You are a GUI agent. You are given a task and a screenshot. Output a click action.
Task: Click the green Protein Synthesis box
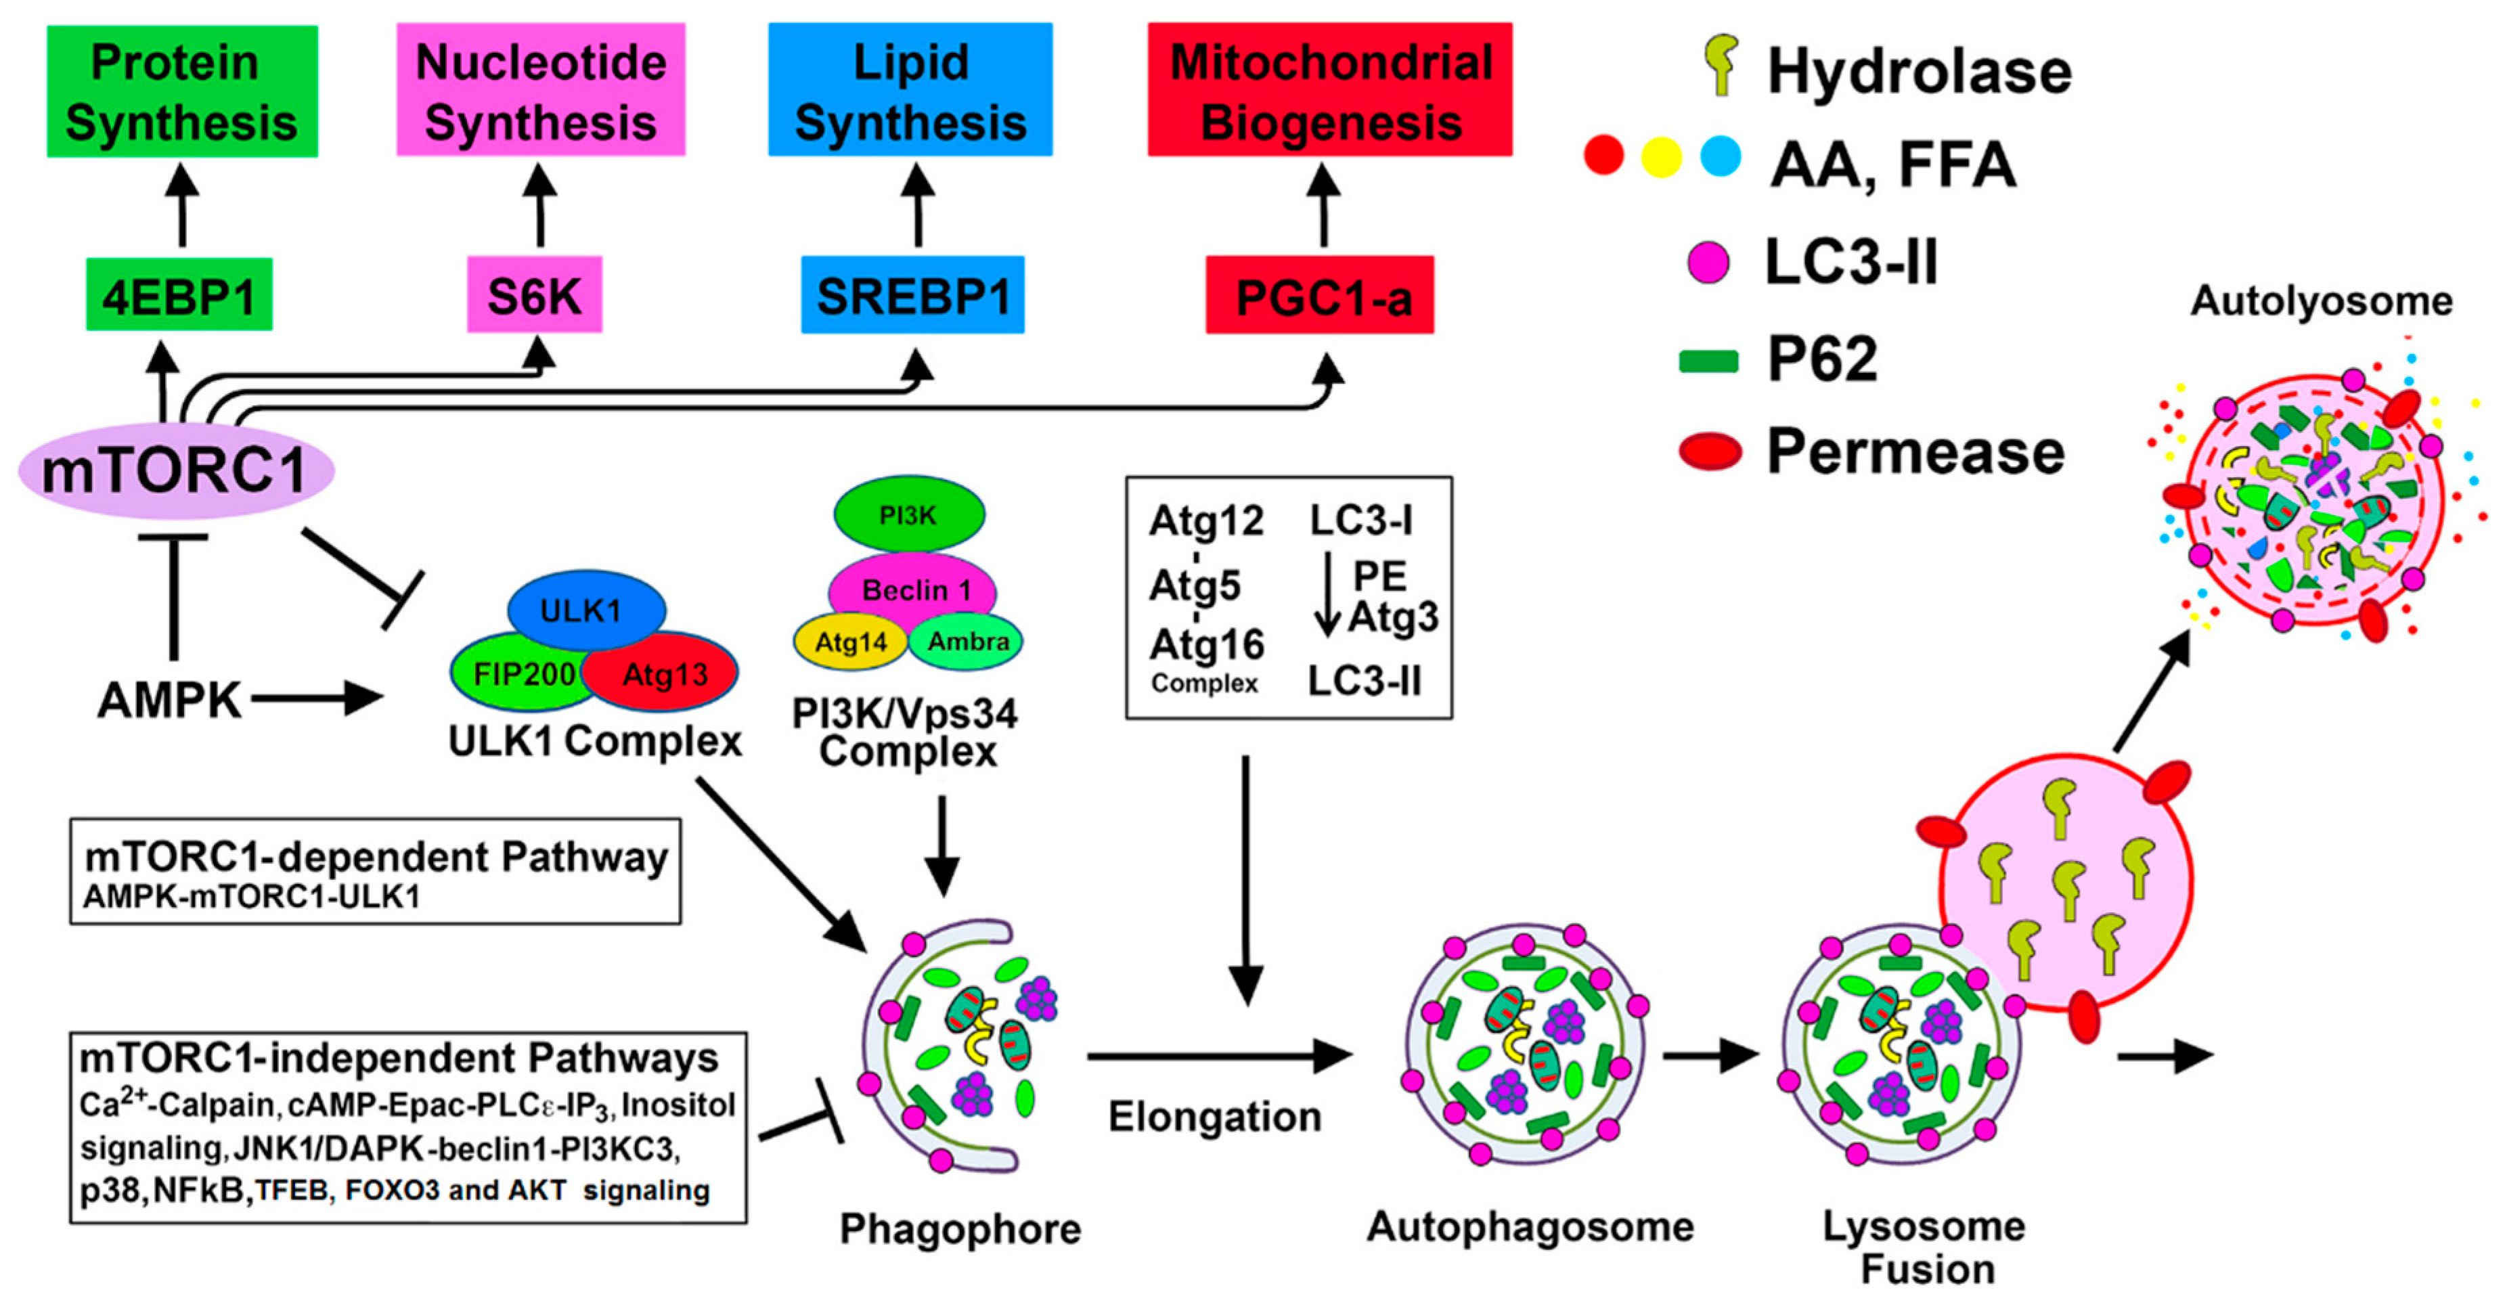point(182,91)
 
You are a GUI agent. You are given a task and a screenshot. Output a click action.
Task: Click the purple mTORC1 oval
point(176,470)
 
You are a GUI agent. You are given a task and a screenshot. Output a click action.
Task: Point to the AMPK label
point(169,699)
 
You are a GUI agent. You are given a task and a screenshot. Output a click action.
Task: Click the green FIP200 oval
point(515,673)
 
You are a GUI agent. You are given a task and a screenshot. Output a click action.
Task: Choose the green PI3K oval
point(908,514)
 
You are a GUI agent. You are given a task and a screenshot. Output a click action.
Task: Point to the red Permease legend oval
point(1708,452)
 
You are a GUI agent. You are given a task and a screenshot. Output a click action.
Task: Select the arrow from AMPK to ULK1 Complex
point(316,698)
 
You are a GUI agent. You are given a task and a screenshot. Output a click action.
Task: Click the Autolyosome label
point(2320,301)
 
